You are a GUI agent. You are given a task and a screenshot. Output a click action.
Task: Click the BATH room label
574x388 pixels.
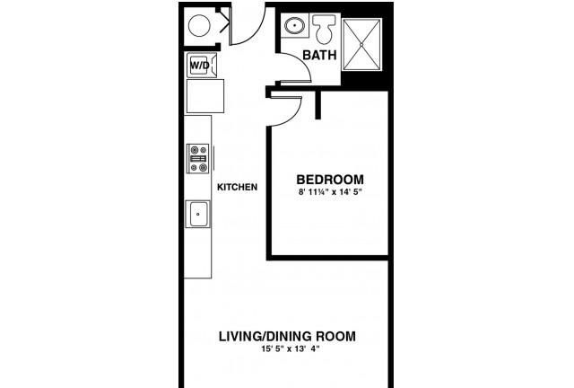coord(319,55)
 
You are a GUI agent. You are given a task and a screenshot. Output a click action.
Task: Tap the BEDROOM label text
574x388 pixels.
coord(330,180)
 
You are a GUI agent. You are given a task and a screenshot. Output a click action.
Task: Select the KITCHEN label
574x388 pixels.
coord(237,187)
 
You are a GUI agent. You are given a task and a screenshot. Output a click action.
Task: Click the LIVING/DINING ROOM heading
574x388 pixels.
coord(287,336)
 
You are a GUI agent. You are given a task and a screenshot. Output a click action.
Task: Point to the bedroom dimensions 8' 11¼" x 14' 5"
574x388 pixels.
coord(330,192)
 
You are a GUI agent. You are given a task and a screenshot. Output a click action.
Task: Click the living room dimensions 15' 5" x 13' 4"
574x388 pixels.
coord(291,348)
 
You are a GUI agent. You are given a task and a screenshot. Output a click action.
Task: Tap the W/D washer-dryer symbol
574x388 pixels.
coord(202,66)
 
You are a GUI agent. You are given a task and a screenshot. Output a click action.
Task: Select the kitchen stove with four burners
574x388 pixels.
coord(198,158)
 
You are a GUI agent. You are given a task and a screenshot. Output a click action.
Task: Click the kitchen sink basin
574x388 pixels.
coord(198,214)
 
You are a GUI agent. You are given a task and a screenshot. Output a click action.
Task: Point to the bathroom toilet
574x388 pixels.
coord(324,28)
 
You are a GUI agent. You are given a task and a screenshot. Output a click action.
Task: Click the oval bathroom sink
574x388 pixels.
coord(294,26)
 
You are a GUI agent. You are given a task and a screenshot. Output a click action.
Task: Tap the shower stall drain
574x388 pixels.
coord(361,44)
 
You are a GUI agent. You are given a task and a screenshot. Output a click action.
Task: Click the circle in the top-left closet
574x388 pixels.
coord(199,25)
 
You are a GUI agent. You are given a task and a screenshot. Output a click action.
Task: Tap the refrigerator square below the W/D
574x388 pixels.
coord(205,96)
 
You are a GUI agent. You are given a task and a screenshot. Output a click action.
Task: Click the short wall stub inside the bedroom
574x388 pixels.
coord(317,105)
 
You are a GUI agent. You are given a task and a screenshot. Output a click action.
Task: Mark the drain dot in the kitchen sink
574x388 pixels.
coord(198,214)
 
